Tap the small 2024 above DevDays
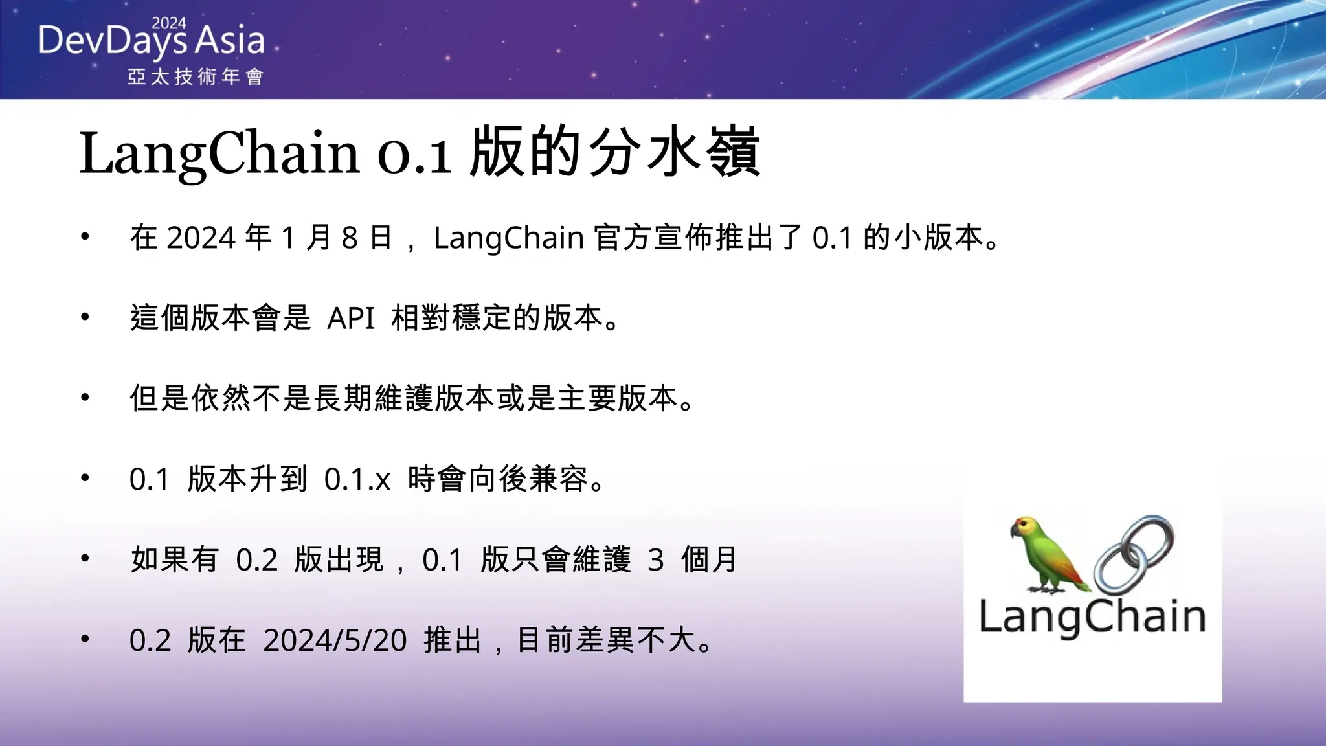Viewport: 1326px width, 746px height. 169,23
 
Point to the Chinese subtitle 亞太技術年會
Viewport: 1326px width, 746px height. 195,77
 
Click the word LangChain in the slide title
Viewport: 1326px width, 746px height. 219,153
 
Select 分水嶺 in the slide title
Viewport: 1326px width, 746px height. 673,153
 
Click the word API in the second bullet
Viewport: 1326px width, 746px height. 351,318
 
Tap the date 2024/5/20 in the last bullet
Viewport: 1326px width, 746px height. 335,640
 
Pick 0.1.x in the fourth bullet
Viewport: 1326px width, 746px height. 357,479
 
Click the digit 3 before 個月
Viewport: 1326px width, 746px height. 656,560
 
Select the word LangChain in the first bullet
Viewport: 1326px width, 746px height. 509,238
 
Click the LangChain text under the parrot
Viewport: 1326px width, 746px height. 1092,617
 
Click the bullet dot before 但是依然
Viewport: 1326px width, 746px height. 85,398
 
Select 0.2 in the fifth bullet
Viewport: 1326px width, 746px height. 256,560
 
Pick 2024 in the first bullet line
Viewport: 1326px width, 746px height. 201,238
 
